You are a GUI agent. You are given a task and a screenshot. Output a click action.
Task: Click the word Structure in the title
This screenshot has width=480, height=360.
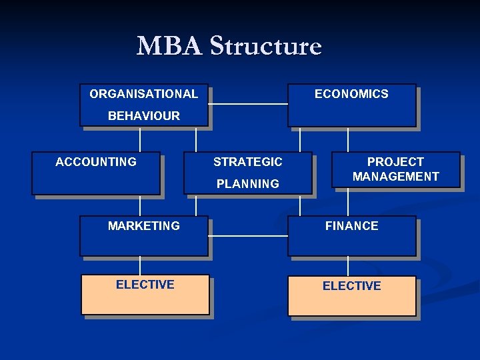tap(265, 47)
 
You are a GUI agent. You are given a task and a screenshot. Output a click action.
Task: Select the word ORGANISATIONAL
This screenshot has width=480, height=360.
tap(143, 94)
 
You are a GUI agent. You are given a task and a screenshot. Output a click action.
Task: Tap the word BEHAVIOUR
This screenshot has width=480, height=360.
tap(143, 116)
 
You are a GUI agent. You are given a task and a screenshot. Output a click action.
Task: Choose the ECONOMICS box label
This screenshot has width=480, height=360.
tap(351, 94)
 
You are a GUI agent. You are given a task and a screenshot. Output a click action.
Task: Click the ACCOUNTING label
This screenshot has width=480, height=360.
tap(96, 162)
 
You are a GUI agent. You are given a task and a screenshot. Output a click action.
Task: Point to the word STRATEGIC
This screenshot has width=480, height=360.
tap(248, 162)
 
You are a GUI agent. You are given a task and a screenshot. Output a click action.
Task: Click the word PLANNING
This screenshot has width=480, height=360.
tap(248, 184)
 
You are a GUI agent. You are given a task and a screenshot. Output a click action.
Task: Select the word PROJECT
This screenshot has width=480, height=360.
tap(395, 162)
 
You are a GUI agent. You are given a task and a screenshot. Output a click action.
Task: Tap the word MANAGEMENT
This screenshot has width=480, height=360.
tap(395, 177)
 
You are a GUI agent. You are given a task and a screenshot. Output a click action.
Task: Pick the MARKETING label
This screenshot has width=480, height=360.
tap(143, 226)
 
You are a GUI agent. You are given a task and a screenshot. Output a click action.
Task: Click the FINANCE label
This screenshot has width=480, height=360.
tap(351, 226)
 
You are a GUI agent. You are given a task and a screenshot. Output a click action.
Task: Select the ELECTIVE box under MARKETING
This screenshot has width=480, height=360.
tap(145, 294)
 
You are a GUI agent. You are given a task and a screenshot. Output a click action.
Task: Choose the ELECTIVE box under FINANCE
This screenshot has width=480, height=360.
tap(351, 295)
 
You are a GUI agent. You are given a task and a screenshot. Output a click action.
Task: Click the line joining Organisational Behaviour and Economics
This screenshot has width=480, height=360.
tap(247, 104)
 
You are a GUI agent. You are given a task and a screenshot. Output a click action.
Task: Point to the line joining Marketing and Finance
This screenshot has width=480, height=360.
tap(247, 236)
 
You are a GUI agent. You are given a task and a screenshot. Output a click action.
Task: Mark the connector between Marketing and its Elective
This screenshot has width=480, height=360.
tap(140, 265)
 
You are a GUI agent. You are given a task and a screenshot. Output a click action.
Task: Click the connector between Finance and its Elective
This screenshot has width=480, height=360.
tap(348, 266)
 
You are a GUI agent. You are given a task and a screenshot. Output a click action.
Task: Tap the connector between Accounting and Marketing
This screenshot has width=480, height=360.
tap(140, 205)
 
